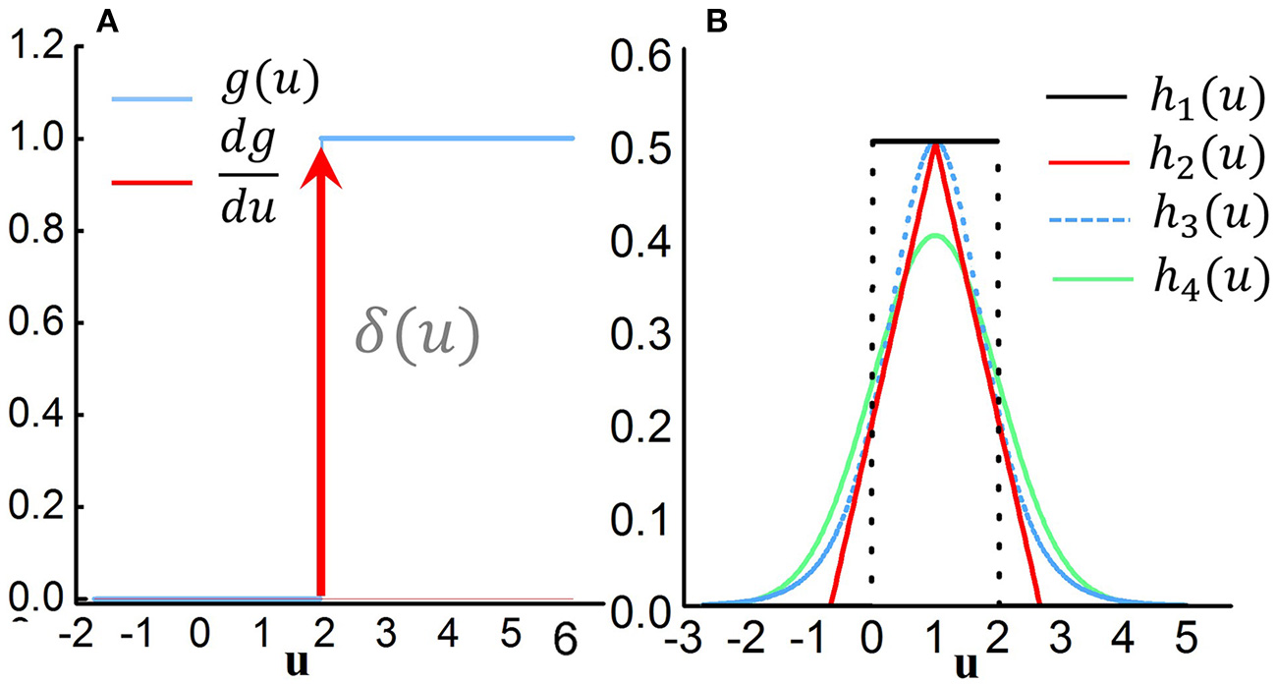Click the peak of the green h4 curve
point(936,235)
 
